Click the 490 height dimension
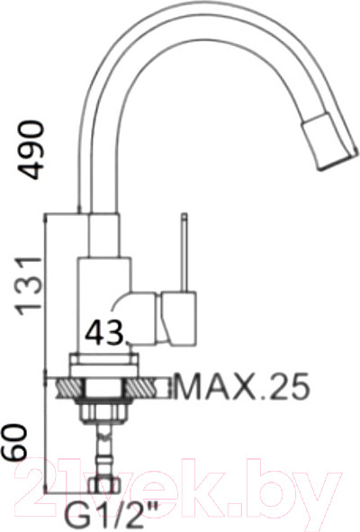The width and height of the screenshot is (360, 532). pyautogui.click(x=31, y=149)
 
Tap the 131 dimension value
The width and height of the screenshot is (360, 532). pyautogui.click(x=30, y=285)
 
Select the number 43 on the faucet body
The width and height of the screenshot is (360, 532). pyautogui.click(x=104, y=331)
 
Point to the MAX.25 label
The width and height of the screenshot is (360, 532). pyautogui.click(x=242, y=387)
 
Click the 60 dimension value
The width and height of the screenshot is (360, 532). pyautogui.click(x=13, y=442)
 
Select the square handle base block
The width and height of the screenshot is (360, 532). pyautogui.click(x=179, y=319)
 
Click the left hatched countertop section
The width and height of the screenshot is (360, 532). pyautogui.click(x=69, y=387)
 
